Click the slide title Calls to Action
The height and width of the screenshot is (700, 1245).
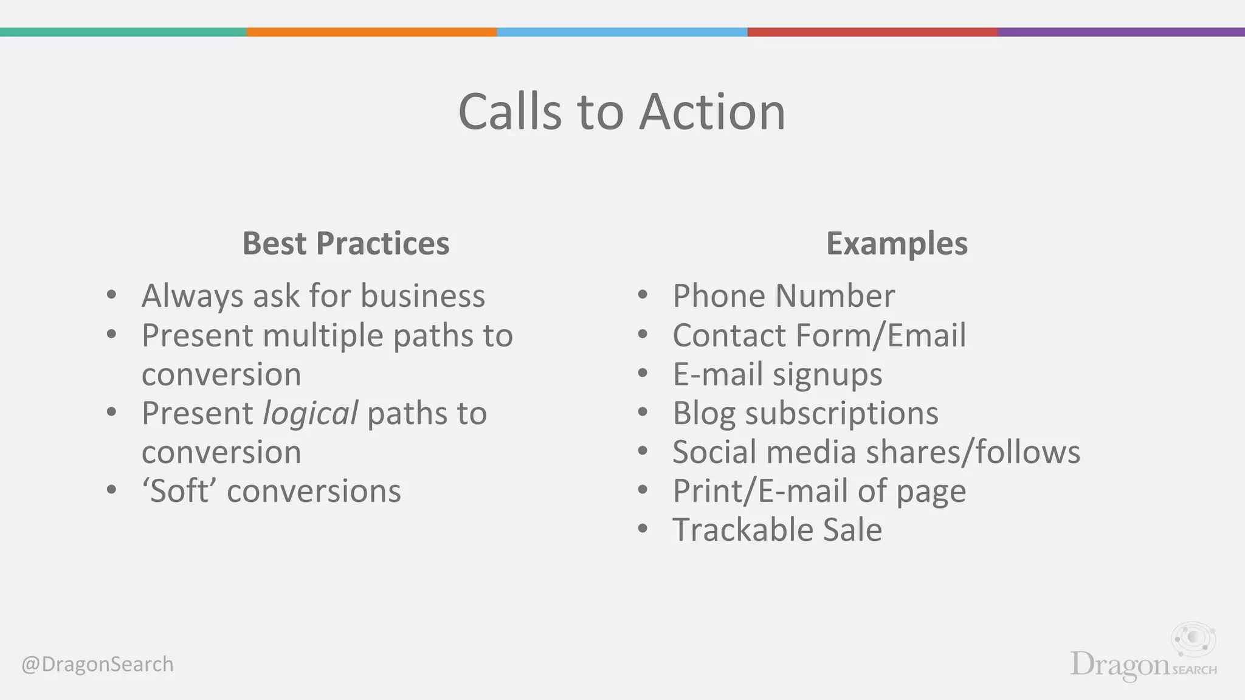point(621,112)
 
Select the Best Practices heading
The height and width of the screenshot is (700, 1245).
point(345,244)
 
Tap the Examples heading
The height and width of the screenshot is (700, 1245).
point(897,244)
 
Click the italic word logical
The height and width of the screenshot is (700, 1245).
point(310,414)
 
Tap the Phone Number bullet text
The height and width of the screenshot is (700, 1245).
point(783,297)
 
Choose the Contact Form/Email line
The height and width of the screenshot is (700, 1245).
point(818,335)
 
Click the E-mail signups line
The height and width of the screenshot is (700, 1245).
point(777,374)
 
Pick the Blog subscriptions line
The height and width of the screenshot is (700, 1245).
point(805,414)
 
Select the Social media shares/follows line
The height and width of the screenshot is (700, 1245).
point(875,453)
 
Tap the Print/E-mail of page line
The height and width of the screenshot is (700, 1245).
point(818,491)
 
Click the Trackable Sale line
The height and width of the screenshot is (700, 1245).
point(777,530)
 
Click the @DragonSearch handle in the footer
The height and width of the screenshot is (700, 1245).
point(97,664)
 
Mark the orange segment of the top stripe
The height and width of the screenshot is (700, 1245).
point(371,32)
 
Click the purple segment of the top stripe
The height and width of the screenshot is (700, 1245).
point(1121,32)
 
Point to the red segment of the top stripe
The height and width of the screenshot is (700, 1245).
point(872,32)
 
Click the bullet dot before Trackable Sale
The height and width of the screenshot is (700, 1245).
point(643,529)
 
